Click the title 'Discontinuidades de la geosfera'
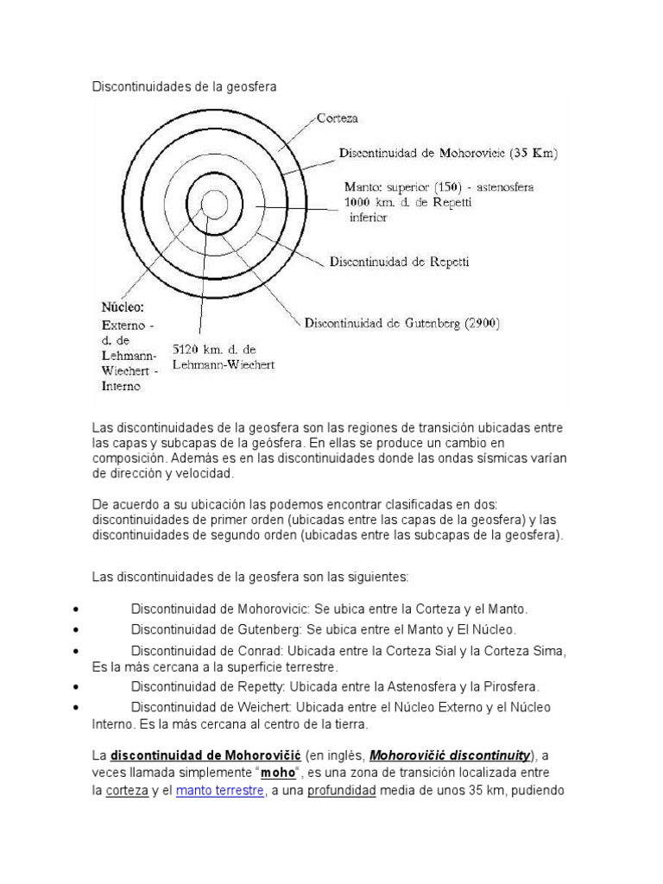pyautogui.click(x=186, y=86)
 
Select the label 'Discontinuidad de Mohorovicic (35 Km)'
pyautogui.click(x=449, y=155)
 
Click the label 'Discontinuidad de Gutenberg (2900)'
pyautogui.click(x=402, y=324)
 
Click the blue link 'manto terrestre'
pyautogui.click(x=219, y=790)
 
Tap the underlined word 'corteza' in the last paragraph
pyautogui.click(x=121, y=790)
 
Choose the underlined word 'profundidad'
pyautogui.click(x=342, y=790)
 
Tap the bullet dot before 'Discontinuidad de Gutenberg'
pyautogui.click(x=78, y=630)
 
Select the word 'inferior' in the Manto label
pyautogui.click(x=368, y=218)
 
